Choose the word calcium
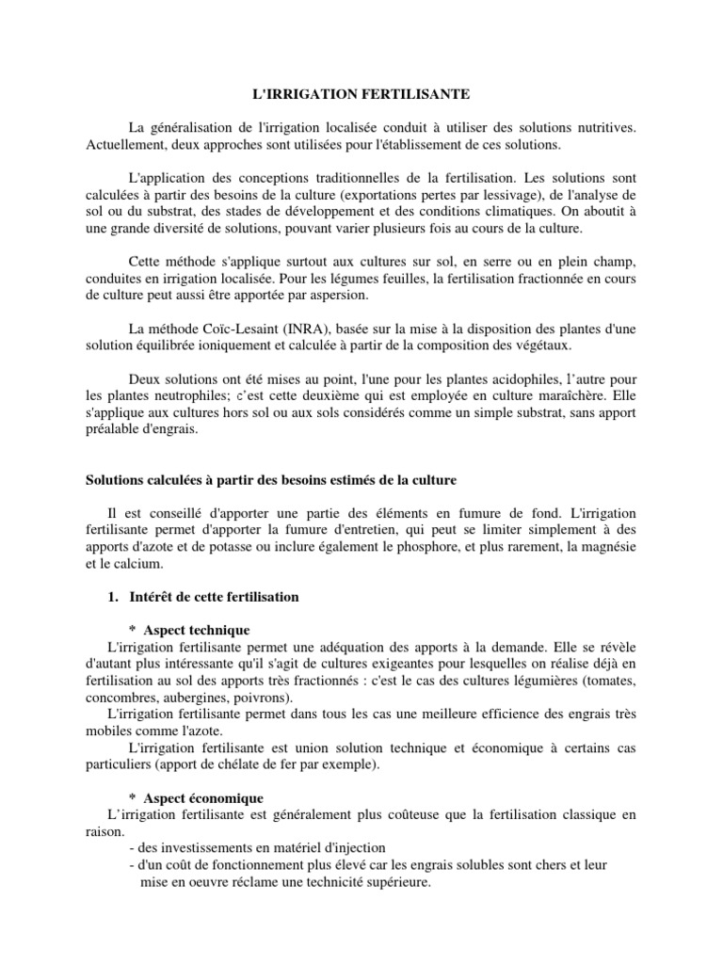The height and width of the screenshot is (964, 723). pyautogui.click(x=140, y=565)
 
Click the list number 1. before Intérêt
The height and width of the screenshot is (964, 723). pyautogui.click(x=118, y=598)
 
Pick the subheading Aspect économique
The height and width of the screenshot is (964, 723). pyautogui.click(x=202, y=797)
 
